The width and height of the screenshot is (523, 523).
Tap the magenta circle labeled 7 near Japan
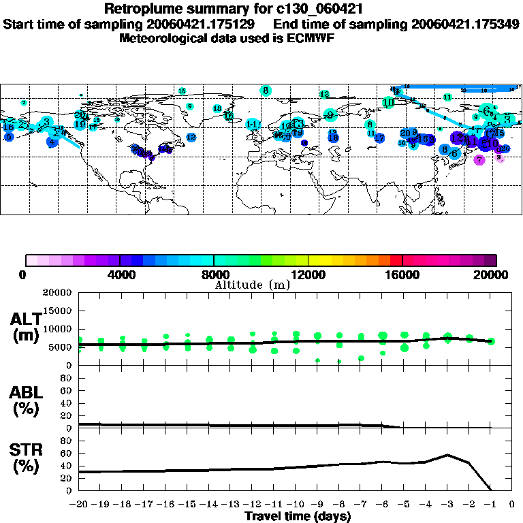pyautogui.click(x=479, y=160)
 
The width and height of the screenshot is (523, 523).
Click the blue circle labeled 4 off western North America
pyautogui.click(x=52, y=142)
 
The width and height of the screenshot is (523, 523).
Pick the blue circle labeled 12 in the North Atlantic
pyautogui.click(x=191, y=138)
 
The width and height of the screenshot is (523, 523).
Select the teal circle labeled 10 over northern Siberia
pyautogui.click(x=388, y=103)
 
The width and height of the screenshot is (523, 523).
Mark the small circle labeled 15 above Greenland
pyautogui.click(x=182, y=91)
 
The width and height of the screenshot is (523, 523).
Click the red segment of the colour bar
pyautogui.click(x=396, y=260)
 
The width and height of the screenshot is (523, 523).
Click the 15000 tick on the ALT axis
pyautogui.click(x=59, y=311)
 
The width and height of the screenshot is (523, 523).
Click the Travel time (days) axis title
pyautogui.click(x=297, y=517)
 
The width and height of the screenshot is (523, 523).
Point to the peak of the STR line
pyautogui.click(x=447, y=455)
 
